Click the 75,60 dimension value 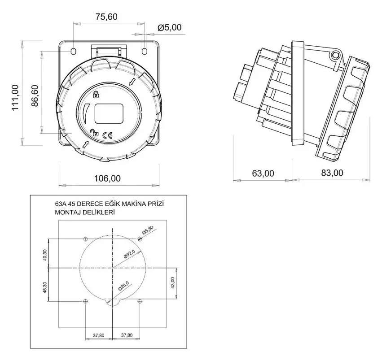coord(106,17)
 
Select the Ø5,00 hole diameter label coord(170,27)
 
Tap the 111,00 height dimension coord(15,98)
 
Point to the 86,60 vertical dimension coord(35,95)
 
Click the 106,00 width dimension coord(107,178)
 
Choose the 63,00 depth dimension coord(263,173)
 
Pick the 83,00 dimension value coord(332,173)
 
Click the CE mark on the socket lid coord(108,135)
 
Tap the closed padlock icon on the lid coord(96,94)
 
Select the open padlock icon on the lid coord(94,133)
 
